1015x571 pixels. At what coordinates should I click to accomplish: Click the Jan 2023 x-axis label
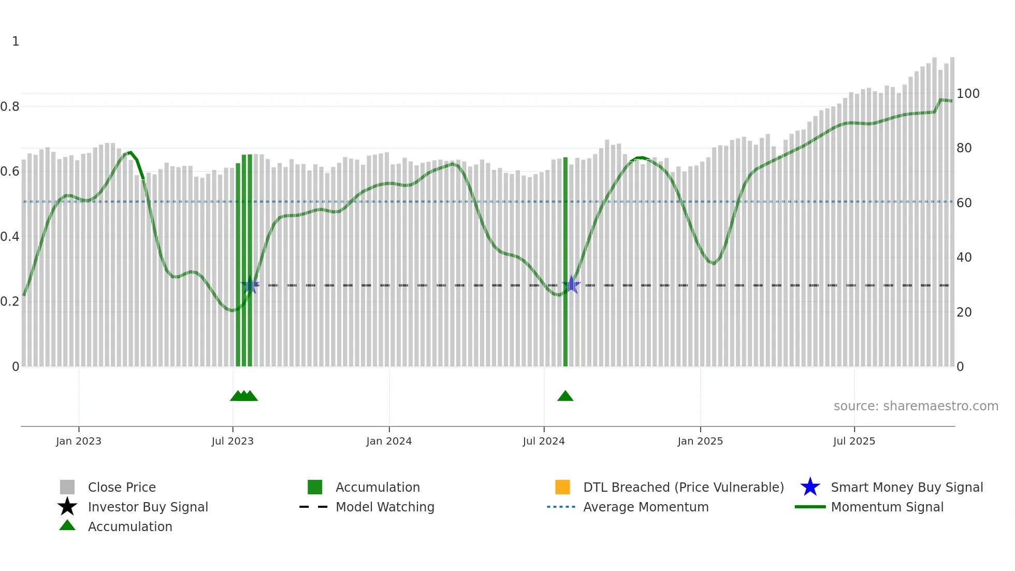pos(79,441)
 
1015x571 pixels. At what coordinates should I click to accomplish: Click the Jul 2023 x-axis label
pos(233,441)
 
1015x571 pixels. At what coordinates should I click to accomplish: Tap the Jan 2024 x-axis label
pos(389,441)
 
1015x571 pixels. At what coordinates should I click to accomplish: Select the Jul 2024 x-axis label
pos(544,441)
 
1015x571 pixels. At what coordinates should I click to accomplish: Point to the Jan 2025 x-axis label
pos(700,441)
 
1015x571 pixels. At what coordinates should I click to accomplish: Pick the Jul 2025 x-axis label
pos(854,441)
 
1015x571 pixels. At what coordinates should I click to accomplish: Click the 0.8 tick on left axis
pos(10,107)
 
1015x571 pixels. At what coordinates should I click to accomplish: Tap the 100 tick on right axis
pos(968,94)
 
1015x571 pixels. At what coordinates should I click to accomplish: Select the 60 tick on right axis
pos(964,203)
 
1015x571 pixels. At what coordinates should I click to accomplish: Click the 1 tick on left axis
pos(16,41)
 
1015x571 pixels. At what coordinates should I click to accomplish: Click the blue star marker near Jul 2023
pos(250,285)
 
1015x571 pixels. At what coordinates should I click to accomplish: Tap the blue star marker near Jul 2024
pos(571,284)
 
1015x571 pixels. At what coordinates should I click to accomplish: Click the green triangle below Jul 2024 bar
pos(565,396)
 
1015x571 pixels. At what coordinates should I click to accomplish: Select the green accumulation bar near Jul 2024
pos(565,259)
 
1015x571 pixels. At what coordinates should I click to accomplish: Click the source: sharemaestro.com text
pos(916,406)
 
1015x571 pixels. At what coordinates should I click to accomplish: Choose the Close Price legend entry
pos(122,488)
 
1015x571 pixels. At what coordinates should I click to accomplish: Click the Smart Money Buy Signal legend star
pos(810,487)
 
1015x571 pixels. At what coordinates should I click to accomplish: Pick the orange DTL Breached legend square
pos(562,487)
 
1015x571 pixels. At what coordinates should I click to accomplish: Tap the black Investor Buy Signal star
pos(67,507)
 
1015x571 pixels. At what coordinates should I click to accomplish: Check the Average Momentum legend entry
pos(646,507)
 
